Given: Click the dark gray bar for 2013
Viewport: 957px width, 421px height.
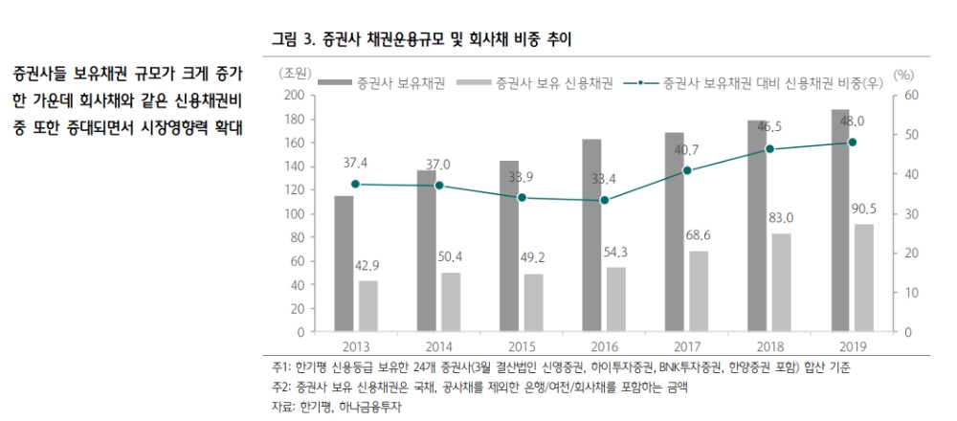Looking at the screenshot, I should coord(344,264).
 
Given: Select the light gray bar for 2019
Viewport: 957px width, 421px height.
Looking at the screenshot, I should coord(864,278).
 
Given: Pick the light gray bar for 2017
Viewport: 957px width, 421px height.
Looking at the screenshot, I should coord(700,292).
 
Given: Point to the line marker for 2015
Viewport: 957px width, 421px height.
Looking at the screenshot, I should coord(522,198).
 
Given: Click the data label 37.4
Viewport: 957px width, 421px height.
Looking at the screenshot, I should coord(355,163).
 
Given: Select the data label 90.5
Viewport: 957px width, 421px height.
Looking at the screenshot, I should coord(864,207).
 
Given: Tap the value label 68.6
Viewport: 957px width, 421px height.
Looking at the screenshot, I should coord(700,234).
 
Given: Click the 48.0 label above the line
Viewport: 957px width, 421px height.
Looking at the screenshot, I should coord(853,121).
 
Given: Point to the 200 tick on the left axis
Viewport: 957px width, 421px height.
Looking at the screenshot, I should coord(294,95).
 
